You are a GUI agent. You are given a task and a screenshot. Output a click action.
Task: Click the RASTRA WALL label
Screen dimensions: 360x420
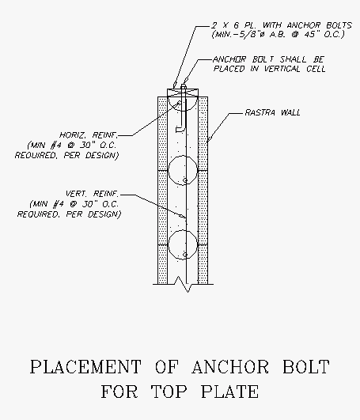(x=273, y=112)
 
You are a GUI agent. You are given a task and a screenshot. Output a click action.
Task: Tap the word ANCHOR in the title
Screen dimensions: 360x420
(x=230, y=367)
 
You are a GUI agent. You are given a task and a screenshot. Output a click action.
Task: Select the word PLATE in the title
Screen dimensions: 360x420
(x=229, y=392)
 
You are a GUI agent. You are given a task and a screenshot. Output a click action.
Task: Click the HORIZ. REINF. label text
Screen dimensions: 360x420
(x=89, y=134)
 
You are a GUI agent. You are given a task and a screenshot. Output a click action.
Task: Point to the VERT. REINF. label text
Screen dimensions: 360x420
(x=92, y=194)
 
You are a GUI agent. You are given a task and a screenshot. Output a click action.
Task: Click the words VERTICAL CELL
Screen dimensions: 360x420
(x=294, y=69)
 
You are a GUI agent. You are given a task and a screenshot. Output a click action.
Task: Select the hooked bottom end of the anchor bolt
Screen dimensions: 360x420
(x=180, y=130)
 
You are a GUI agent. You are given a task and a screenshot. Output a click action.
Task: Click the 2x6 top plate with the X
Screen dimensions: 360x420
(x=183, y=93)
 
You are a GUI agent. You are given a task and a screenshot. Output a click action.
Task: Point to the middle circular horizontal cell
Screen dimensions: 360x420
(x=183, y=170)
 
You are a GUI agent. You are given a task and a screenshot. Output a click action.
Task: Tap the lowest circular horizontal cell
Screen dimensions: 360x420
(x=183, y=244)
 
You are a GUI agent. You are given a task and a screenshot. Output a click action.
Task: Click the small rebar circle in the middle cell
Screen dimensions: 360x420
(x=185, y=180)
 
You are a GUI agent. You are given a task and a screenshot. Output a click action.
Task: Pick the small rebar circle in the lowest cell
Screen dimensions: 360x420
(x=185, y=255)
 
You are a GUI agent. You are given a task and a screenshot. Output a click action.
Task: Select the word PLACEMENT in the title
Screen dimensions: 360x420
(x=85, y=367)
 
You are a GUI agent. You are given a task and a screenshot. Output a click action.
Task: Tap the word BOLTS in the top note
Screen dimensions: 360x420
(x=339, y=25)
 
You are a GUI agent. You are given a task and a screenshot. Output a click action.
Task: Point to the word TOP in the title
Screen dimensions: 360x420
(x=169, y=392)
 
